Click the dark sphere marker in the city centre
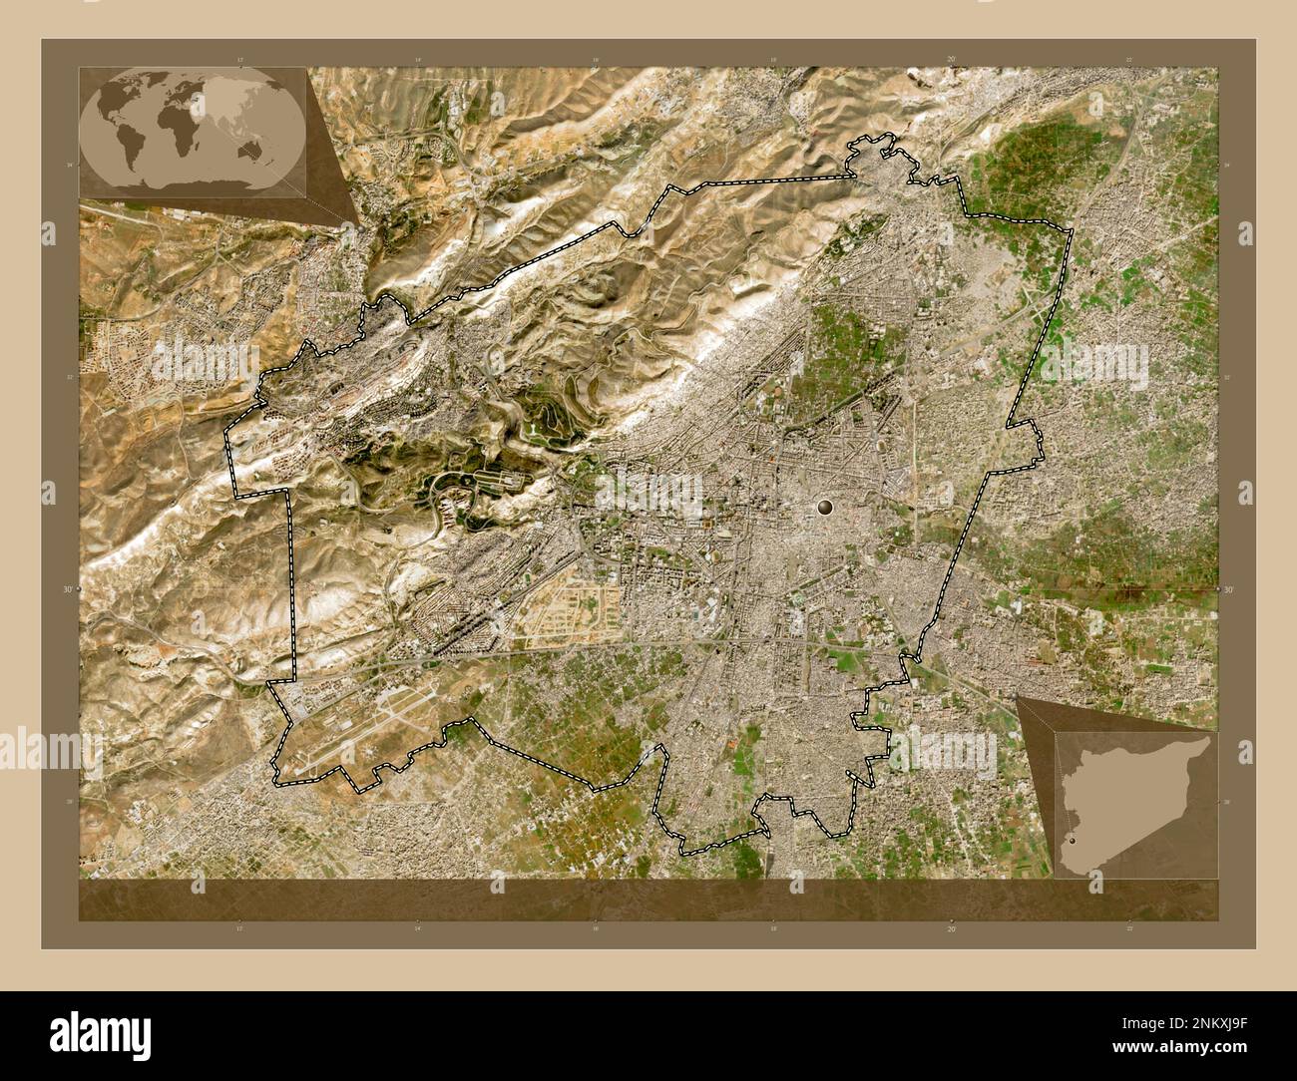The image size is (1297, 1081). (825, 508)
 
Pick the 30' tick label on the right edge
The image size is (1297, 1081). (1228, 589)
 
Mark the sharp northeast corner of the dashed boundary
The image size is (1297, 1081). (1071, 231)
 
